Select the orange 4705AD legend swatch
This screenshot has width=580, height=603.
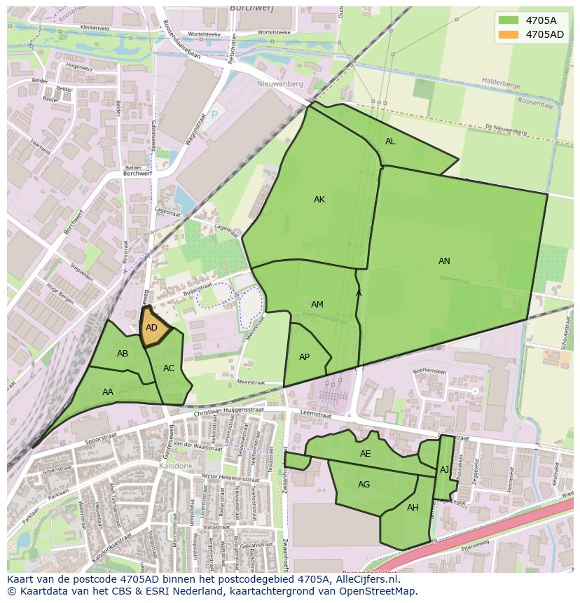(x=509, y=34)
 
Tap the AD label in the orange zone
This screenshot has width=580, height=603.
(x=151, y=328)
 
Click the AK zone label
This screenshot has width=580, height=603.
(x=319, y=200)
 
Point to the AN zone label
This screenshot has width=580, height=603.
(x=444, y=261)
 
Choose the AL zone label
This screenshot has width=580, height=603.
(x=390, y=141)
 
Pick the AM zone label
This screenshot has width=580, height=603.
(x=317, y=305)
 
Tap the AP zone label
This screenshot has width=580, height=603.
(x=304, y=357)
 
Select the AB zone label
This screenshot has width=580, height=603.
(x=123, y=354)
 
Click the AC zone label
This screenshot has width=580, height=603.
(x=169, y=368)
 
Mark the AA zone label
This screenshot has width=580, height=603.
(x=108, y=392)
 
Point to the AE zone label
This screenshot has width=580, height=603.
(x=365, y=454)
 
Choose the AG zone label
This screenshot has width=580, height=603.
(x=364, y=485)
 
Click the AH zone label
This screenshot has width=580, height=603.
(x=413, y=508)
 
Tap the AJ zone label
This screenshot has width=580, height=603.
(x=444, y=470)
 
